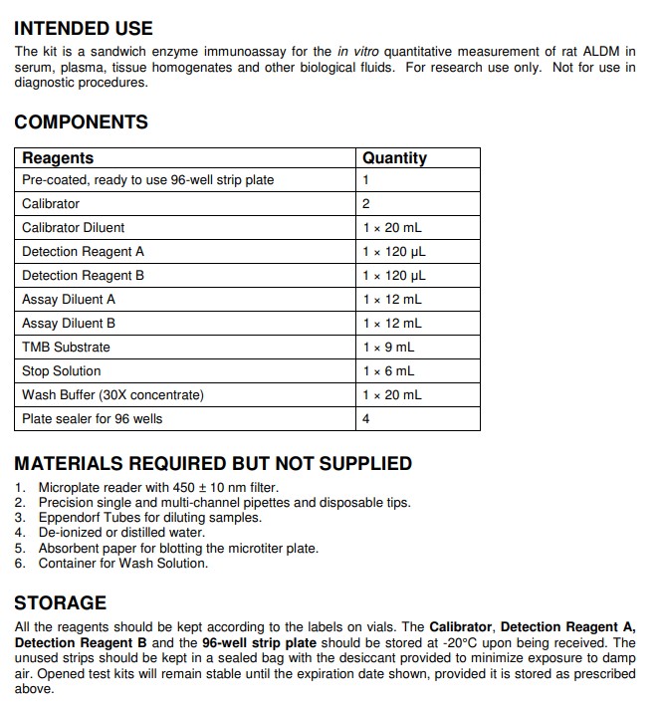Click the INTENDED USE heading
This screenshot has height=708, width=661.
pos(84,28)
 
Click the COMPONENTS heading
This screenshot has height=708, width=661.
pos(81,122)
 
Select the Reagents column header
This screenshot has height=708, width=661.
pos(58,158)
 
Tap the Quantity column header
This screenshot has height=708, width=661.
pos(394,158)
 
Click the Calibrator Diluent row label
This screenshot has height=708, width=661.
pos(74,228)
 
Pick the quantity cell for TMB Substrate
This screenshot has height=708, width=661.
pos(388,348)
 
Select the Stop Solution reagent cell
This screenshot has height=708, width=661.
pos(62,371)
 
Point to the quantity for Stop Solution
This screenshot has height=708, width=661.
pos(388,371)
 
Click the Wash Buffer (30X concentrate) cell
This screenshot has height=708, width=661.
pos(112,395)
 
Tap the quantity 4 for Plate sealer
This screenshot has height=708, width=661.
pos(366,419)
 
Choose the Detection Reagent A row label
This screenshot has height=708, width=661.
pos(83,252)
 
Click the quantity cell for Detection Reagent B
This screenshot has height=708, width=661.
pos(393,276)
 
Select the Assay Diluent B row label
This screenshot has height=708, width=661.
pos(69,324)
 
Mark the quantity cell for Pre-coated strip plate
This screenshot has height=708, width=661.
pos(366,180)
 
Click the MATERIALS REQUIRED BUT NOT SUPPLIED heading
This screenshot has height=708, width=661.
pos(212,463)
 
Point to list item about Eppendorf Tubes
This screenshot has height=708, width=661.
pos(149,518)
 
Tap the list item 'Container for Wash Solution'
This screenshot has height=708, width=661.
pos(123,564)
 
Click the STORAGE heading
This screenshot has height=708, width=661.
pos(60,603)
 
